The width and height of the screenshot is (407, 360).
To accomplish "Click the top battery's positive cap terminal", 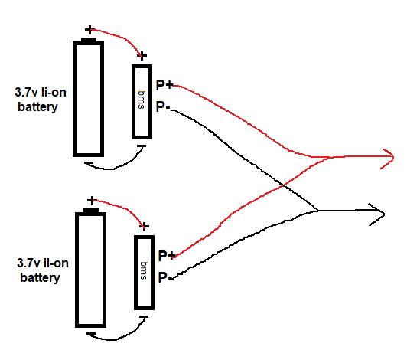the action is pyautogui.click(x=89, y=40).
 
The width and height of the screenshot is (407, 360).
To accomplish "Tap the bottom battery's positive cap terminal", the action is pyautogui.click(x=91, y=211).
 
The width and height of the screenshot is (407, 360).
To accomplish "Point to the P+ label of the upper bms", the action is pyautogui.click(x=164, y=85).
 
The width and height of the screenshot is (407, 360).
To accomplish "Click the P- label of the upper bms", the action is pyautogui.click(x=163, y=106).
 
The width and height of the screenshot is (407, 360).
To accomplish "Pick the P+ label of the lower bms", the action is pyautogui.click(x=167, y=256).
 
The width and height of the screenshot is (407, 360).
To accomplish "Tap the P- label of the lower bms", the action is pyautogui.click(x=165, y=277).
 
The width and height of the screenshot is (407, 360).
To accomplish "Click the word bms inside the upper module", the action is pyautogui.click(x=142, y=100).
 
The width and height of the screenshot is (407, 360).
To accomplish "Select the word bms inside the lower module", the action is pyautogui.click(x=144, y=270).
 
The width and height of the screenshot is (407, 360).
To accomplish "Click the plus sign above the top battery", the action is pyautogui.click(x=90, y=30).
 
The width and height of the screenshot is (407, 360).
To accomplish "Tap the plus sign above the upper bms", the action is pyautogui.click(x=142, y=55).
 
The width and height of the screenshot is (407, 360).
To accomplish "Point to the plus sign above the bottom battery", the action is pyautogui.click(x=92, y=201).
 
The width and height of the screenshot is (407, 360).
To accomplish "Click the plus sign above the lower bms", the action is pyautogui.click(x=145, y=227).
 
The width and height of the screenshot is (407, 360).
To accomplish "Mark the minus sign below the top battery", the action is pyautogui.click(x=89, y=163).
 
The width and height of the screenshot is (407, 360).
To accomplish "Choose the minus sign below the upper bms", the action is pyautogui.click(x=142, y=146).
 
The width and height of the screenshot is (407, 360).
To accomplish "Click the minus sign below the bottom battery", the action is pyautogui.click(x=91, y=334).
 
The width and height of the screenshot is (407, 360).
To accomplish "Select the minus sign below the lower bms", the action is pyautogui.click(x=144, y=317).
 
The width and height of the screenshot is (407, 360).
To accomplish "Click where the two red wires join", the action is pyautogui.click(x=329, y=157).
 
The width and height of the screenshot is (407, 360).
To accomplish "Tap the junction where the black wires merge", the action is pyautogui.click(x=317, y=211).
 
